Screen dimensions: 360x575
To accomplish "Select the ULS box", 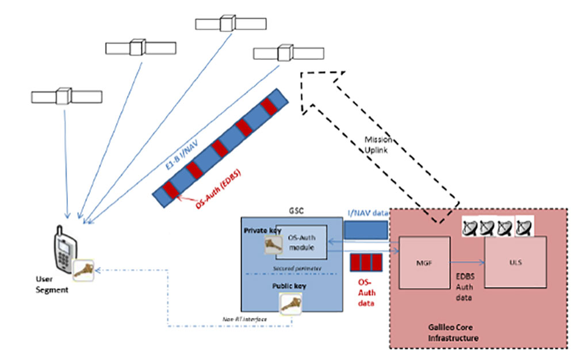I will (x=515, y=262).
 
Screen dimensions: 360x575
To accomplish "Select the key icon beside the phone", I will (x=85, y=270).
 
